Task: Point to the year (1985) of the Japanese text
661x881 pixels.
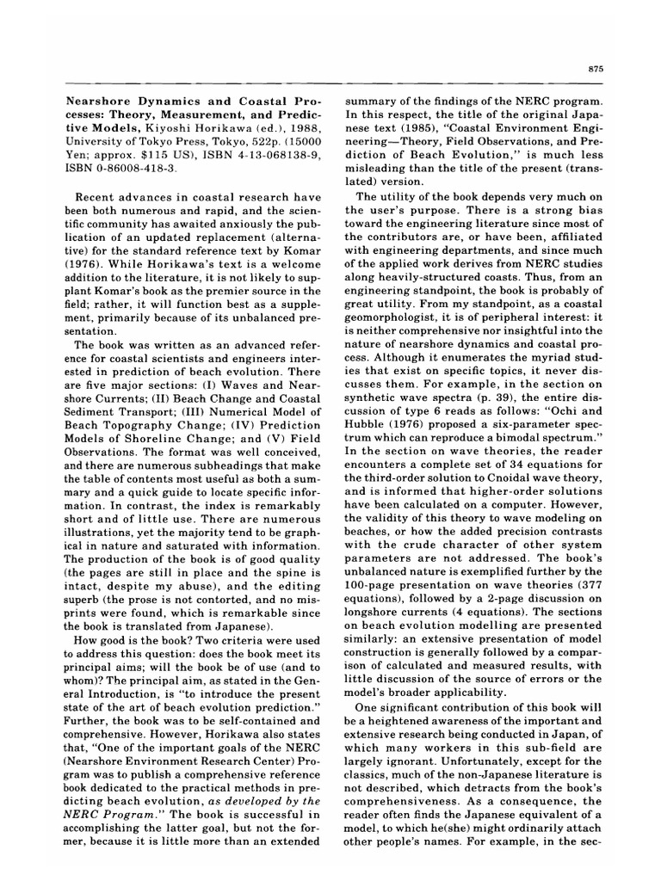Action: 419,114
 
